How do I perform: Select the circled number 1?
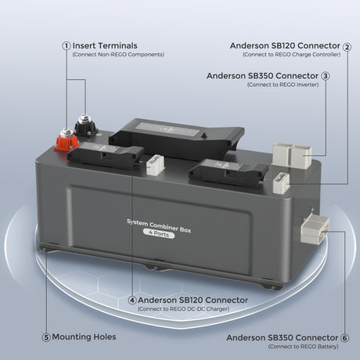point(67,45)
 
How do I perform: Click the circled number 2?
point(347,46)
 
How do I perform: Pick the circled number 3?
point(325,76)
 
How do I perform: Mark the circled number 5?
point(46,337)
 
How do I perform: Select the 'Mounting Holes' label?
point(85,337)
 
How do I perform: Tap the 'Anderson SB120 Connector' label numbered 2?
point(284,46)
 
